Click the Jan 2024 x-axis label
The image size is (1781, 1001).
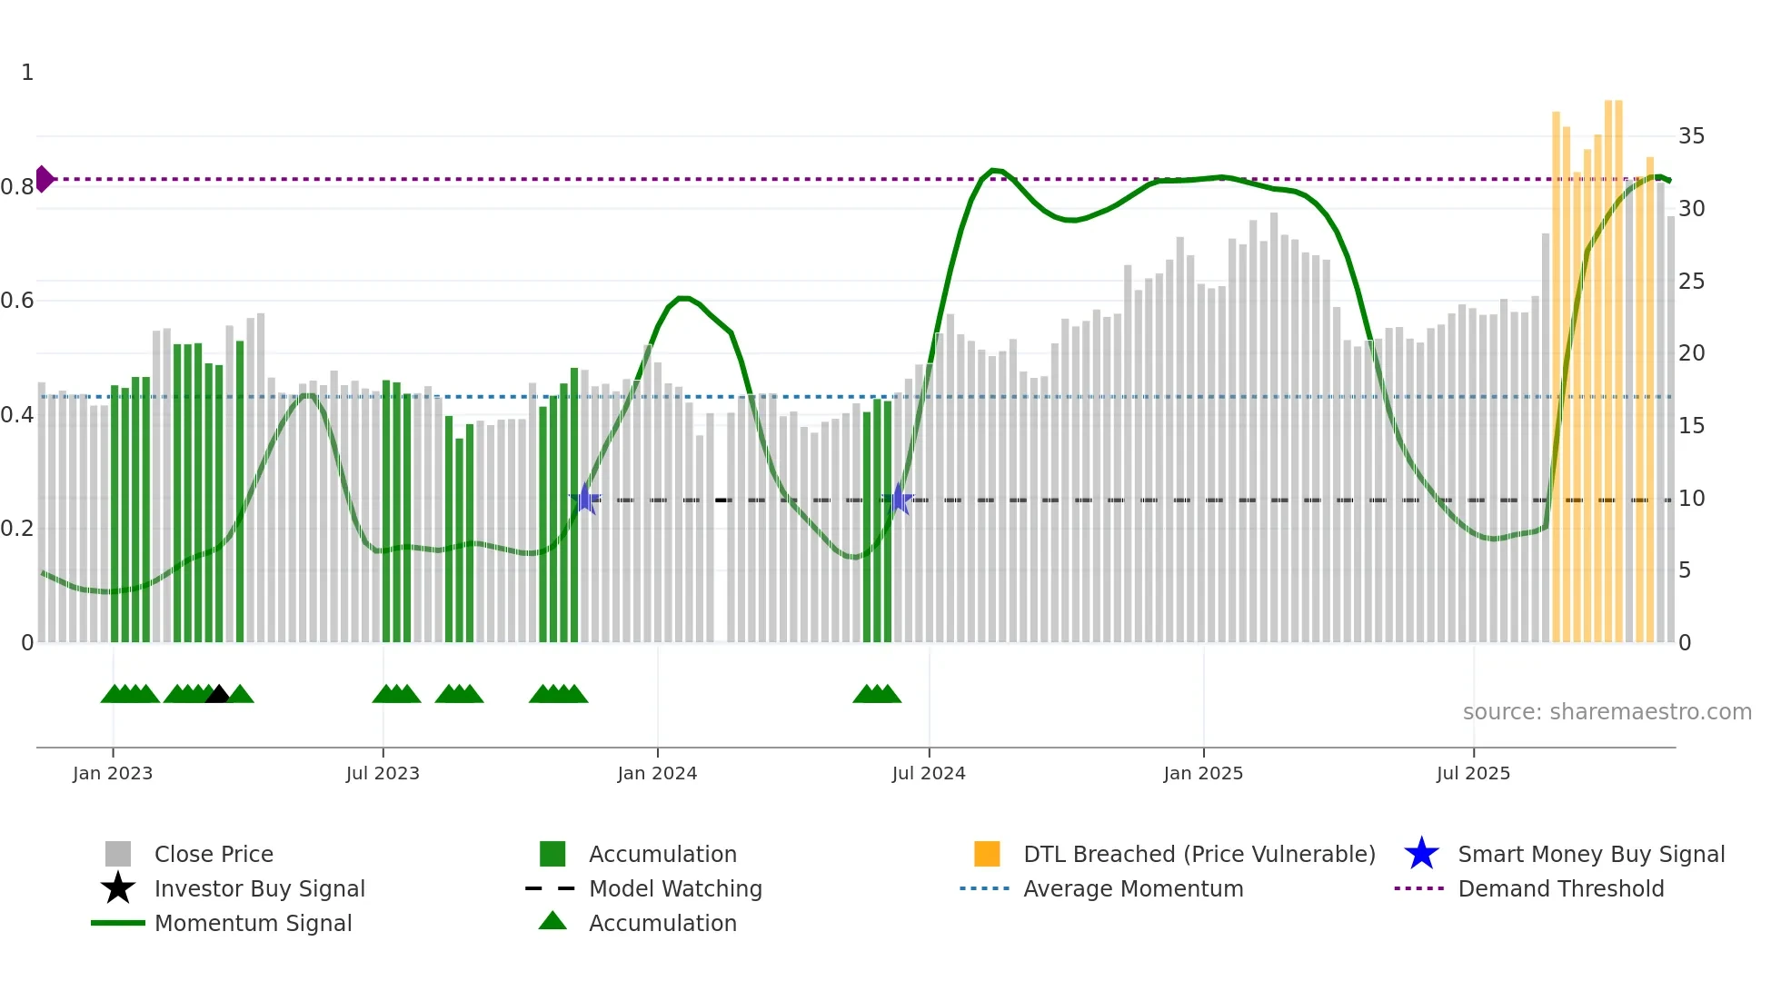click(657, 773)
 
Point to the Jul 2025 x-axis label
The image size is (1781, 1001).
click(1473, 773)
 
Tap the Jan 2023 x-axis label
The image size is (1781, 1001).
click(113, 773)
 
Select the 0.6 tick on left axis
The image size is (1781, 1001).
click(17, 301)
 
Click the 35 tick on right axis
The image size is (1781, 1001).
click(1691, 136)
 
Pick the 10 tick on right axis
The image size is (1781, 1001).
click(1691, 499)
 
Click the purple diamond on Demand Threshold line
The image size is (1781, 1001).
click(44, 179)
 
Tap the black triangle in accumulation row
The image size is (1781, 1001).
click(218, 695)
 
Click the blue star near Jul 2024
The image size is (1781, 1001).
click(899, 499)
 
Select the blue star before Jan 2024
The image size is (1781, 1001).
click(586, 499)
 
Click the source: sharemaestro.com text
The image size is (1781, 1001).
click(1607, 712)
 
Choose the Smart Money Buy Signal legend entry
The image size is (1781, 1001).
click(1590, 854)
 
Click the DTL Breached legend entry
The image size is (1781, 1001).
click(1199, 854)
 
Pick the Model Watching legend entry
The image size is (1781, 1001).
click(674, 888)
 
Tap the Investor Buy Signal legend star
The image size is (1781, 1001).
click(118, 888)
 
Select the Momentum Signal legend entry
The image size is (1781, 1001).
click(253, 923)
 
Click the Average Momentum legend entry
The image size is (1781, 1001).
click(1132, 888)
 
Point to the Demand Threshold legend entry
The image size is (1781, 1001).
click(1560, 888)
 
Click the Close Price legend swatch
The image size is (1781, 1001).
click(118, 854)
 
